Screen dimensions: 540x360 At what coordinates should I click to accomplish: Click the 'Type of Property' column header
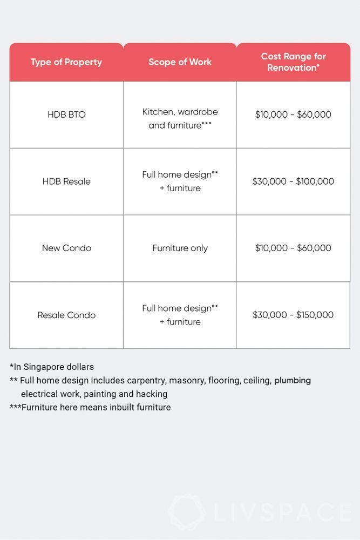(66, 62)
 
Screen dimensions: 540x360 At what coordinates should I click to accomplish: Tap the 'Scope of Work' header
(180, 62)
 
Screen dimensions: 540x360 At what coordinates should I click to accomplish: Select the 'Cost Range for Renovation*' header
(293, 62)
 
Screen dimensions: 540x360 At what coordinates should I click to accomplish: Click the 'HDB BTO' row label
(66, 114)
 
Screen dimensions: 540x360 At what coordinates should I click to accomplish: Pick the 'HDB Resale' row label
(66, 181)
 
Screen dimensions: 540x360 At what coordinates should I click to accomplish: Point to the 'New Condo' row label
(66, 248)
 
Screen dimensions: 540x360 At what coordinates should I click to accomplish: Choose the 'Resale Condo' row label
(66, 315)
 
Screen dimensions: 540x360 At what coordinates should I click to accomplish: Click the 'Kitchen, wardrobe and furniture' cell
(180, 118)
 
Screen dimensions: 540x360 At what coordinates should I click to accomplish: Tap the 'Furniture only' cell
(180, 248)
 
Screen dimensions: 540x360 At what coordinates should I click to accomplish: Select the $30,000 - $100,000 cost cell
(293, 181)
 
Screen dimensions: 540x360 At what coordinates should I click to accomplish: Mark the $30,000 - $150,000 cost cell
(293, 315)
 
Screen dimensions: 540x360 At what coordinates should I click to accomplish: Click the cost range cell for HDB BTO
(293, 114)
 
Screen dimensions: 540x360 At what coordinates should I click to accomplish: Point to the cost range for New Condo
(293, 248)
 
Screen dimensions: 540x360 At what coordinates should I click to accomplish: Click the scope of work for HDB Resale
(180, 181)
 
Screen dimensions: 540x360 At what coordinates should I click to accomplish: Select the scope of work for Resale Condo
(180, 315)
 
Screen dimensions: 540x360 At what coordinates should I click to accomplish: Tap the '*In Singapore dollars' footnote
(52, 367)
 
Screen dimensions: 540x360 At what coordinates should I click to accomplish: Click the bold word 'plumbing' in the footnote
(293, 380)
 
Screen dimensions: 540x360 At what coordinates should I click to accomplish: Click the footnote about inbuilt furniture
(90, 407)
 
